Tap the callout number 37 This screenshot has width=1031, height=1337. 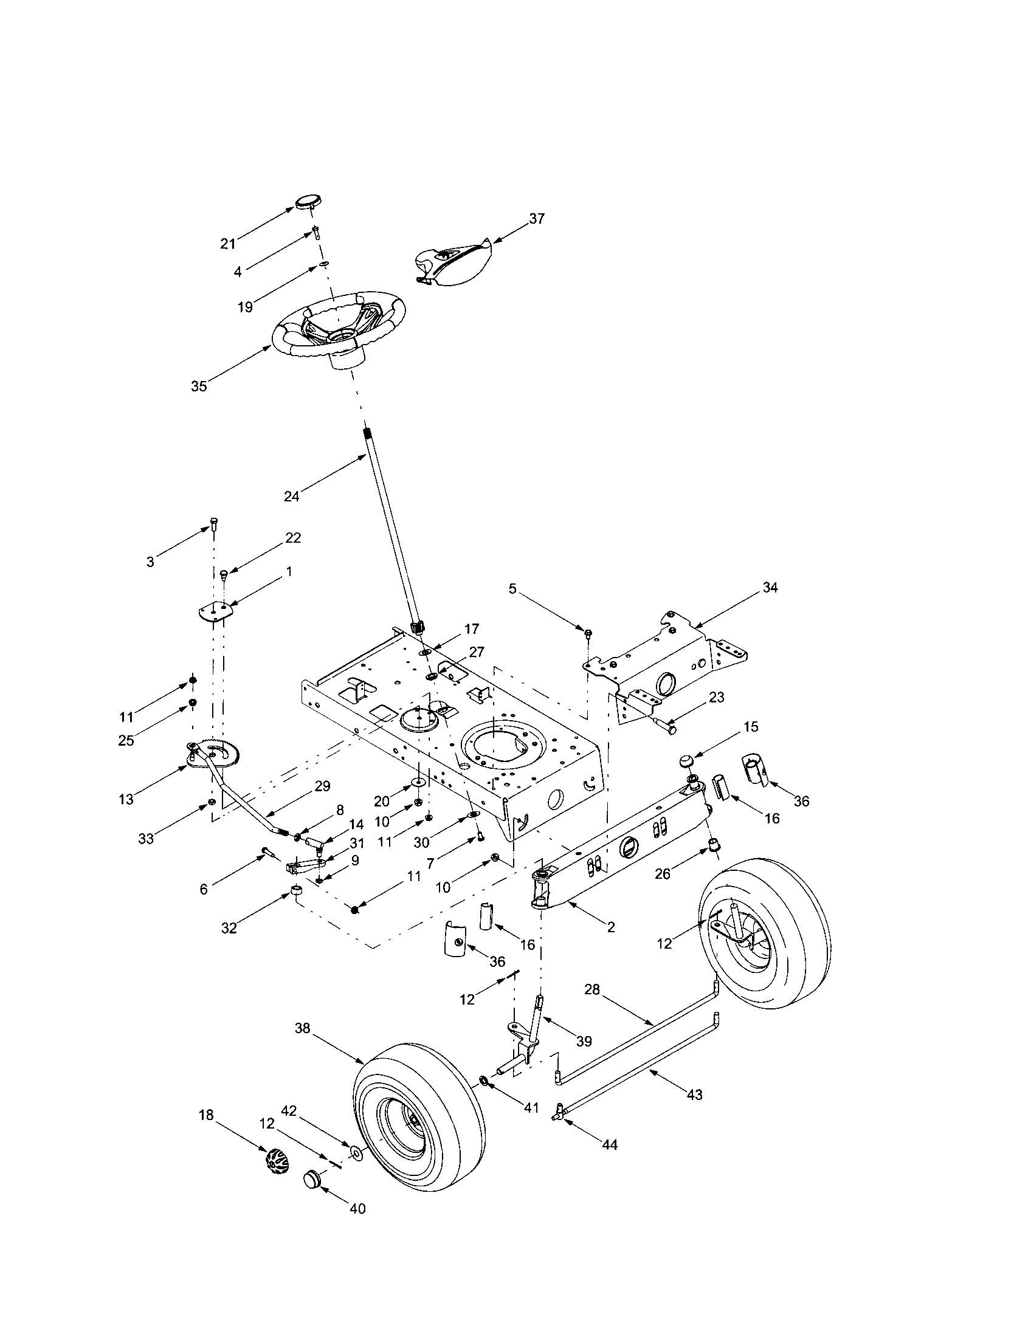[x=536, y=219]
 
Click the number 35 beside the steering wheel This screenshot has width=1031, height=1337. [x=199, y=387]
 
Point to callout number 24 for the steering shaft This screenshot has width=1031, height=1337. [x=291, y=497]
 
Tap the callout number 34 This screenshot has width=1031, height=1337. [x=770, y=588]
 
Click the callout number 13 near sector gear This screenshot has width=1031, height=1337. [x=126, y=800]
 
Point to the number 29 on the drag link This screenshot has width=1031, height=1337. [x=322, y=786]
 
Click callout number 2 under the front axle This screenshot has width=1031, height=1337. [x=611, y=927]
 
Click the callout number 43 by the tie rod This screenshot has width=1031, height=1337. [x=694, y=1094]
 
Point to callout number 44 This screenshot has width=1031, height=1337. [x=610, y=1144]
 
